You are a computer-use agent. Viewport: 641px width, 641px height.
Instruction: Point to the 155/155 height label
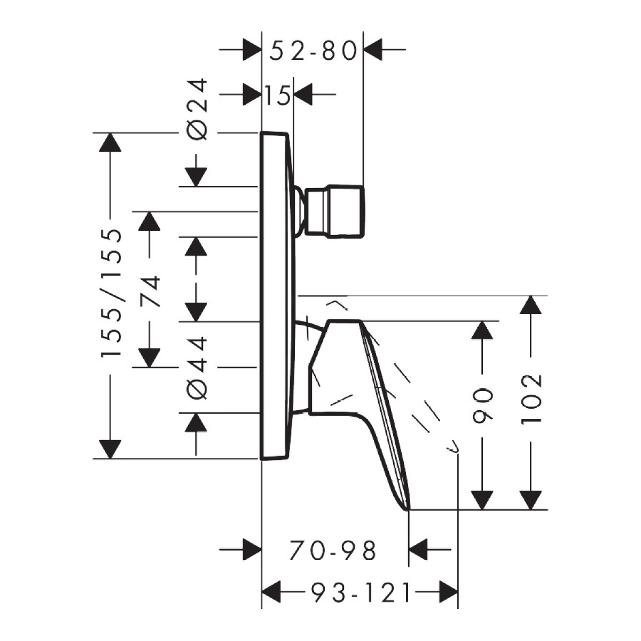(111, 293)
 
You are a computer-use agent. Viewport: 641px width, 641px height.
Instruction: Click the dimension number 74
(150, 292)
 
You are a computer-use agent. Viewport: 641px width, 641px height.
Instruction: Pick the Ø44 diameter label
(198, 368)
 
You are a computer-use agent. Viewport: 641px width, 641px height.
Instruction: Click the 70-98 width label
(333, 551)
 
